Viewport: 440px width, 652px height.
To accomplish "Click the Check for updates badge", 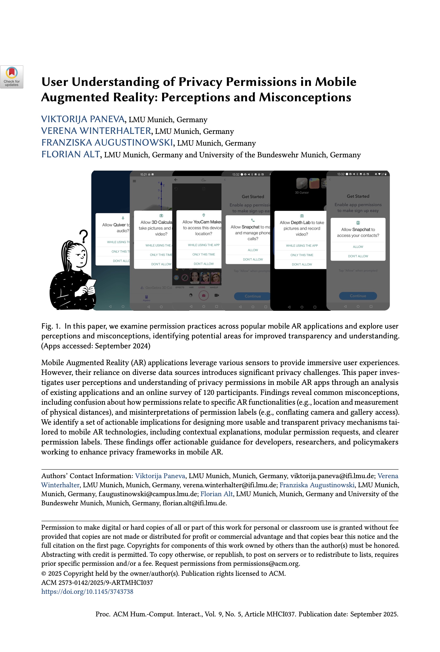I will pyautogui.click(x=12, y=77).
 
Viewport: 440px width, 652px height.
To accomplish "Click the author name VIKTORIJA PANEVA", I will pyautogui.click(x=83, y=119).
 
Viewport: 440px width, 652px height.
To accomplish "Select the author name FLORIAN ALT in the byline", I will pyautogui.click(x=71, y=154).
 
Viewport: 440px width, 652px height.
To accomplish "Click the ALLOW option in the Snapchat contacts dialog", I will pyautogui.click(x=358, y=247).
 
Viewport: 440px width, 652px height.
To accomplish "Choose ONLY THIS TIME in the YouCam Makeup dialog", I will pyautogui.click(x=204, y=254).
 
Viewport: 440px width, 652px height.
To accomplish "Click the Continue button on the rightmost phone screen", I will pyautogui.click(x=358, y=296).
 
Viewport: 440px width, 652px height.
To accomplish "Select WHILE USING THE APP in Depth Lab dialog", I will pyautogui.click(x=302, y=246).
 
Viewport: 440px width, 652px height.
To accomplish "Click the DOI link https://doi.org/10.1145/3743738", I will pyautogui.click(x=87, y=591).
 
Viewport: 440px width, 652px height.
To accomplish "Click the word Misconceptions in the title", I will pyautogui.click(x=305, y=97).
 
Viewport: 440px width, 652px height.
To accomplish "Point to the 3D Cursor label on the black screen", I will pyautogui.click(x=302, y=193).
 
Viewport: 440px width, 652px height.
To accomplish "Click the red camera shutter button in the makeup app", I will pyautogui.click(x=204, y=295).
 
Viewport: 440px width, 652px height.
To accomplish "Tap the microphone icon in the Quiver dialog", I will pyautogui.click(x=123, y=218).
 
